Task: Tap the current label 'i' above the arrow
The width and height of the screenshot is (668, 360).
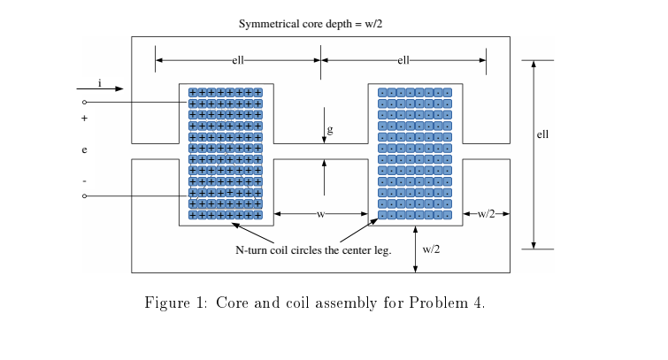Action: click(99, 82)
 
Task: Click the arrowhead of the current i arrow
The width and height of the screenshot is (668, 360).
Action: click(119, 89)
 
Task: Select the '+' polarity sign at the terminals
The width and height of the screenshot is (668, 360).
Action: click(85, 118)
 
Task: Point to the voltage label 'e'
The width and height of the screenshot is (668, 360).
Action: click(85, 149)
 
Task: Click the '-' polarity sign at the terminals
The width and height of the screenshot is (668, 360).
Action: click(85, 180)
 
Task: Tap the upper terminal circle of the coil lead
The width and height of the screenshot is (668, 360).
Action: click(85, 103)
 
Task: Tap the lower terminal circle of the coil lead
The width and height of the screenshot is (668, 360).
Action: click(85, 195)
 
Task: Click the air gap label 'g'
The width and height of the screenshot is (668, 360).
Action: click(330, 130)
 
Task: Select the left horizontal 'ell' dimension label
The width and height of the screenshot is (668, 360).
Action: click(238, 60)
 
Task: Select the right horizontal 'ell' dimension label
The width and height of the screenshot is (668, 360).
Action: click(403, 60)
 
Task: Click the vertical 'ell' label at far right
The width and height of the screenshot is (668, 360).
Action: click(542, 134)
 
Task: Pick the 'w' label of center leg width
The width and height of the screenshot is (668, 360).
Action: click(320, 214)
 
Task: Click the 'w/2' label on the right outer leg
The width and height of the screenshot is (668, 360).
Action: click(487, 214)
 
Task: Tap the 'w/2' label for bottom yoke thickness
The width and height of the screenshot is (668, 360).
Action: click(431, 249)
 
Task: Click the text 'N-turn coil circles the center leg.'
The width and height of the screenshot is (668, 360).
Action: click(313, 250)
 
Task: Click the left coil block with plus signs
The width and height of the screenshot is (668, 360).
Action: click(226, 154)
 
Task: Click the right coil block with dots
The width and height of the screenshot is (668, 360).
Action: click(415, 154)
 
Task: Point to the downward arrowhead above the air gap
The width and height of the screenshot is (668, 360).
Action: click(325, 138)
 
